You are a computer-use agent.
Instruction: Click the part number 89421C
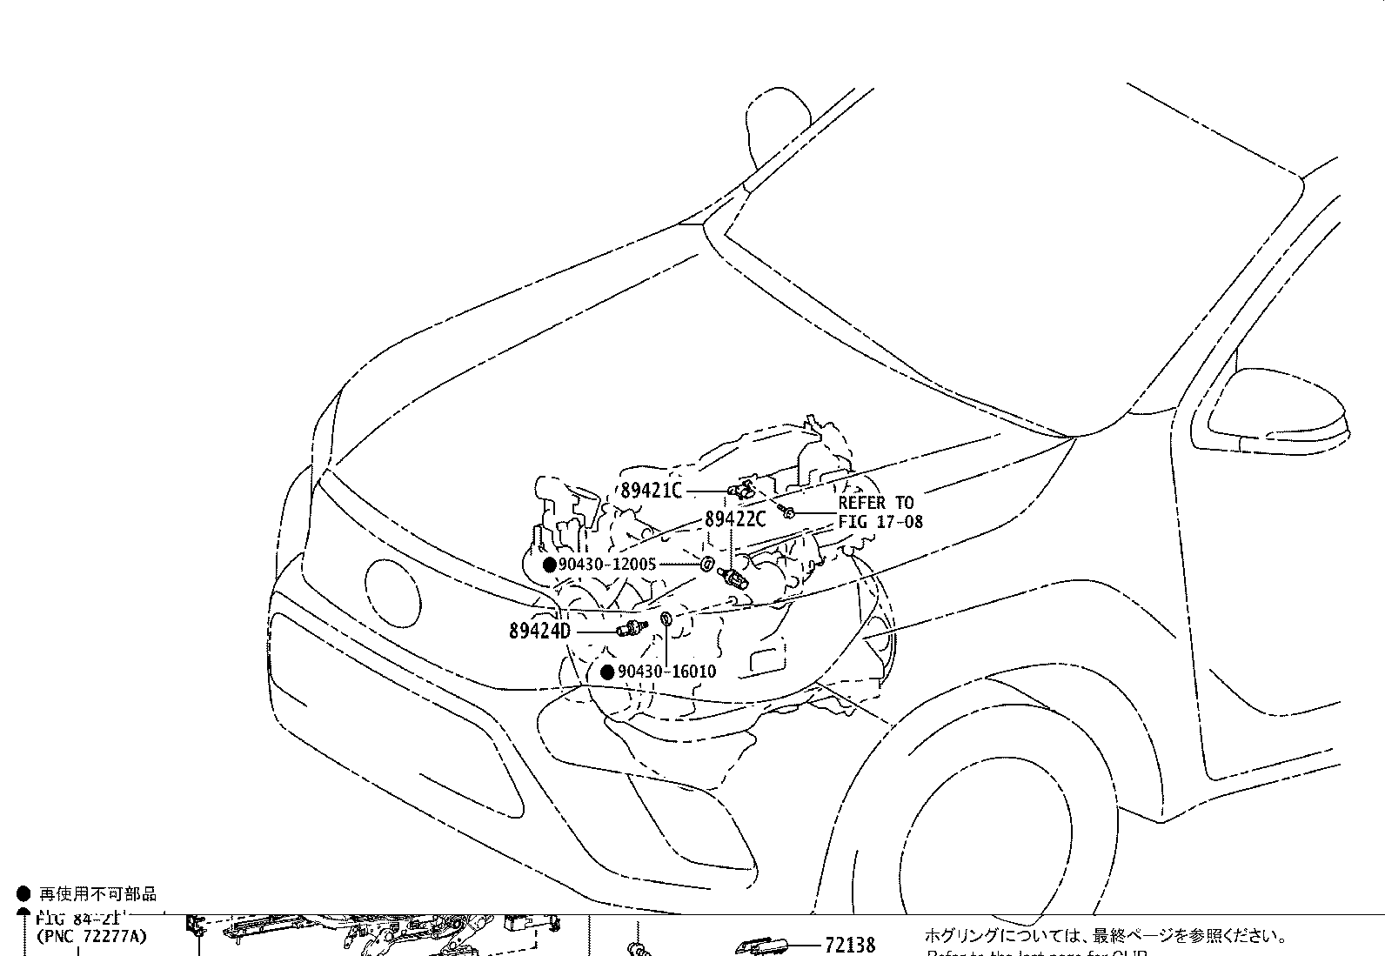651,491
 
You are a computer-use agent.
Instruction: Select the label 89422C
734,519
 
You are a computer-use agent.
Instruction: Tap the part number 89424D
539,631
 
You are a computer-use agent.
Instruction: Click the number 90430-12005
607,565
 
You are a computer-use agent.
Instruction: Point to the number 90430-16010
666,672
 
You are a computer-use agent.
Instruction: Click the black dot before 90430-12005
550,565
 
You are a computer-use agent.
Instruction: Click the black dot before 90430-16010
608,672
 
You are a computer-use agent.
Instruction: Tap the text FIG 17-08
880,522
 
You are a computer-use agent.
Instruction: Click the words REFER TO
875,503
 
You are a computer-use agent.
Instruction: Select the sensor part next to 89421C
742,491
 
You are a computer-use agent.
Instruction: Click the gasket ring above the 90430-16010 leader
666,619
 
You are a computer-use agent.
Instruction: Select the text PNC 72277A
91,937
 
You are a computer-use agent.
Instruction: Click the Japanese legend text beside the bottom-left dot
97,894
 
